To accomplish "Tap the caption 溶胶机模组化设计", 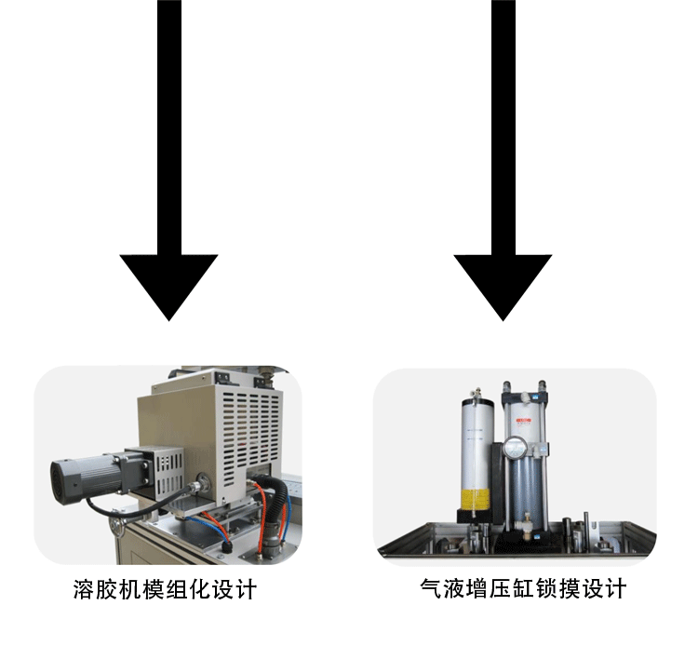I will [x=165, y=590].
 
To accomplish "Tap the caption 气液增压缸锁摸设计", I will [x=523, y=589].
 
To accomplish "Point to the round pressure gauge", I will [x=517, y=451].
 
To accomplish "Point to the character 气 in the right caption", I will [x=430, y=589].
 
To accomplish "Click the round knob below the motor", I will [x=117, y=529].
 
